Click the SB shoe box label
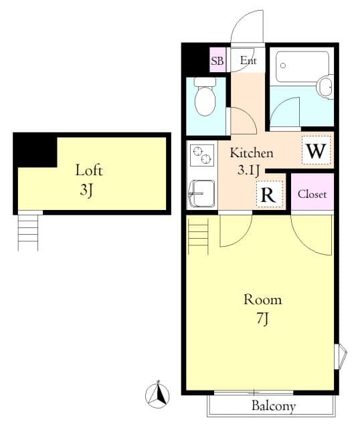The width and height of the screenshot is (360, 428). point(217,60)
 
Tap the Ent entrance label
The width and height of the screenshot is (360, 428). point(248,60)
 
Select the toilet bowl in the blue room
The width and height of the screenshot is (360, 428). point(205,97)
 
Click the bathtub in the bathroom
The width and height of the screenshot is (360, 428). point(302,67)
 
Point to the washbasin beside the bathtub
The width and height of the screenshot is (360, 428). point(326,87)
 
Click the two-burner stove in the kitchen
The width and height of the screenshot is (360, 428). point(202,155)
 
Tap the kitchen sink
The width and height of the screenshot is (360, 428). point(202,193)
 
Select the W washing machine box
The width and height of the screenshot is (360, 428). point(317,150)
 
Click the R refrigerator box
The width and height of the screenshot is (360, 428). point(269,195)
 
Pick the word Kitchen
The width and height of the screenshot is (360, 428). point(252,153)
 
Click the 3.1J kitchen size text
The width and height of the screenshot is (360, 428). point(248,171)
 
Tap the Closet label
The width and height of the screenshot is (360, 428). point(312,195)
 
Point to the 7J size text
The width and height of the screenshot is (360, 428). point(262,318)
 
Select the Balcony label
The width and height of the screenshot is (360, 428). point(274,406)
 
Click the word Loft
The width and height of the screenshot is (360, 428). point(89,171)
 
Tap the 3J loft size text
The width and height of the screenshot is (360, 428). point(86,190)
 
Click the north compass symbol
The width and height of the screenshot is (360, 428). point(157,394)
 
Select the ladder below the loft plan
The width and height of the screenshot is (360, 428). point(28,232)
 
